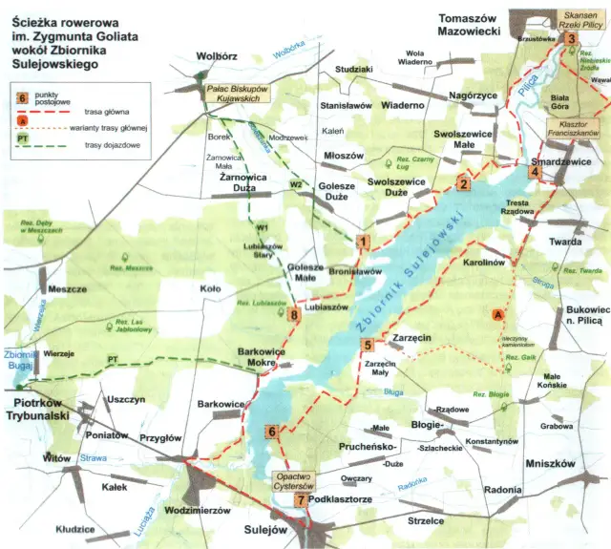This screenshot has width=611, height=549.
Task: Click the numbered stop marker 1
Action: (x=362, y=243)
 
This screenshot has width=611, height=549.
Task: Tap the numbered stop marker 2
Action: (x=463, y=184)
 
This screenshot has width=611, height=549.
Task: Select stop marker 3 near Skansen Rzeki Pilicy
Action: (x=570, y=38)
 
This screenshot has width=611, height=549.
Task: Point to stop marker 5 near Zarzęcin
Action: (x=367, y=344)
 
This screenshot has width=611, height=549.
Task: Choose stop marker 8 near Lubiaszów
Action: (x=294, y=315)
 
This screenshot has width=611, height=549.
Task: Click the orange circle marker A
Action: (x=496, y=313)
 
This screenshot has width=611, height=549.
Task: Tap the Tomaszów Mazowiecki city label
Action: (x=470, y=25)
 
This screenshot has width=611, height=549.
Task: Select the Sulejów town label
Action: (x=266, y=528)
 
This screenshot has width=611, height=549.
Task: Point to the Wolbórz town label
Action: (x=216, y=56)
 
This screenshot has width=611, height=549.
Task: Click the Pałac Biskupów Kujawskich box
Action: (x=239, y=92)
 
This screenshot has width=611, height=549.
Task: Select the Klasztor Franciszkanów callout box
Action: (x=572, y=130)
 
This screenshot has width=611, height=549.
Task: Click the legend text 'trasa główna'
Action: (x=100, y=112)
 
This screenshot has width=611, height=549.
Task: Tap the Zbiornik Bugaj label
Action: (x=20, y=358)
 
